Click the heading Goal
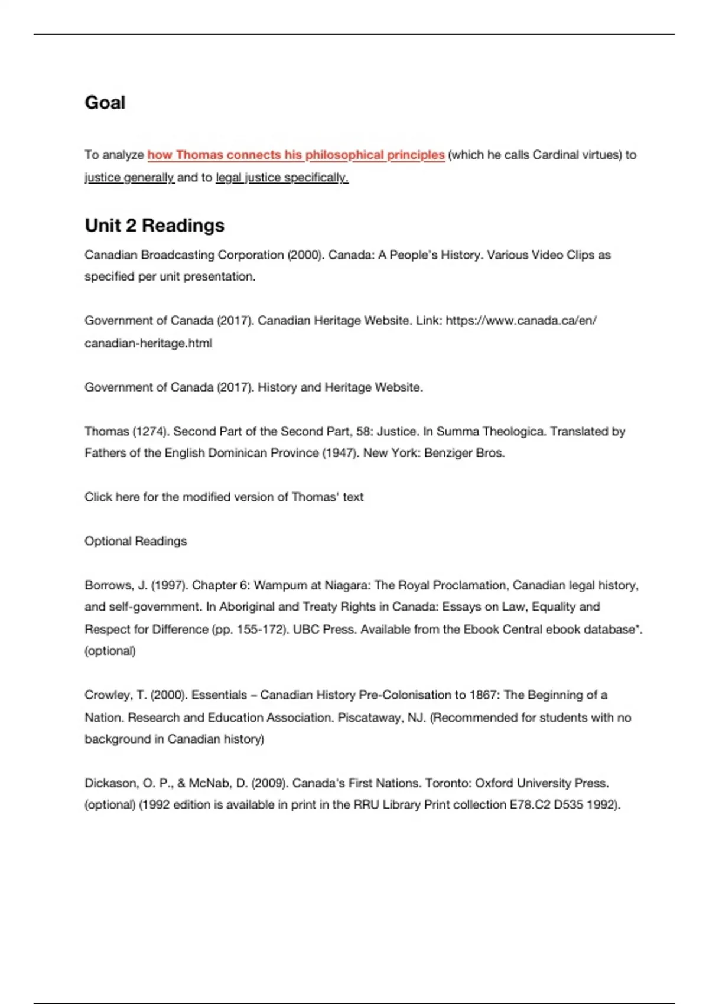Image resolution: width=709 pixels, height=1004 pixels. (x=105, y=103)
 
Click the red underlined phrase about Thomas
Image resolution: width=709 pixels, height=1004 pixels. (x=295, y=155)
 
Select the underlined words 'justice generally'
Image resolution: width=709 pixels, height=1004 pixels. (x=129, y=177)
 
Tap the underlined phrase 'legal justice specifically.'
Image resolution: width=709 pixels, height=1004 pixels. (x=282, y=177)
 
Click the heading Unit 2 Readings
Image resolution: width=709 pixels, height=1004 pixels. (x=154, y=226)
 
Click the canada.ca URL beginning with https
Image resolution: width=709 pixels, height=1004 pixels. (x=521, y=321)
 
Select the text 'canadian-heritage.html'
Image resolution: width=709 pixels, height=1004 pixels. (x=148, y=343)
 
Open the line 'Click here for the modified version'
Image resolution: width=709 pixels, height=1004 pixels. (x=224, y=497)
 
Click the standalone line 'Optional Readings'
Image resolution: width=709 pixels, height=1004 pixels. (x=135, y=541)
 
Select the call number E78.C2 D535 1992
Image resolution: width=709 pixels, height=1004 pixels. (x=564, y=805)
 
